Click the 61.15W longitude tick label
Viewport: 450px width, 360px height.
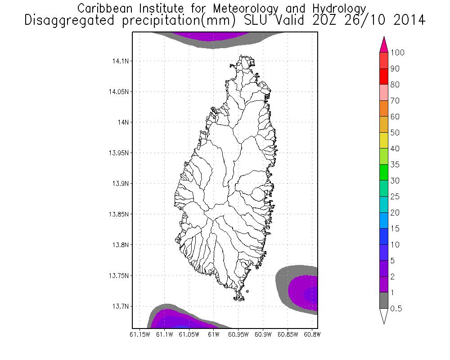click(139, 334)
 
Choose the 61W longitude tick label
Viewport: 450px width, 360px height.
click(213, 334)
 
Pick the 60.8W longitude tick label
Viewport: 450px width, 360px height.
click(311, 334)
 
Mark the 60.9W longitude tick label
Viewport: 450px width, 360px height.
click(262, 334)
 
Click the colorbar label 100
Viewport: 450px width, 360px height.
click(398, 53)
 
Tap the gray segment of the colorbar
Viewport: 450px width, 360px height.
click(384, 301)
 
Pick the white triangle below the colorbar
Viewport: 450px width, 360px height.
click(384, 316)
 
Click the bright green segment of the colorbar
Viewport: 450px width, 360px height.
click(384, 172)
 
